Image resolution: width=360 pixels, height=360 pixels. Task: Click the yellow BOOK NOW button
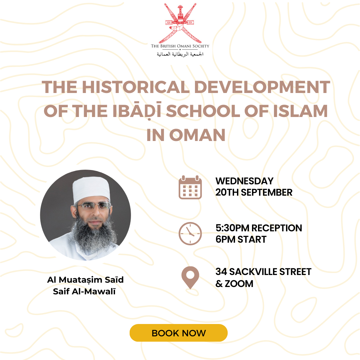(179, 333)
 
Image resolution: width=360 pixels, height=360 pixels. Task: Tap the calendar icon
(190, 187)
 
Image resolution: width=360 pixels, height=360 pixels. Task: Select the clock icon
(190, 233)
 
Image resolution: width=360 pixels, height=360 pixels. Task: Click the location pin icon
(190, 278)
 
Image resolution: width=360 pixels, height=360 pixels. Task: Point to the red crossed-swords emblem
(180, 23)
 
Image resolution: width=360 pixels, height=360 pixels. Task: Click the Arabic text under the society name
(180, 54)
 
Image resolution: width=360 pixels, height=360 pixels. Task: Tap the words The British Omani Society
(180, 46)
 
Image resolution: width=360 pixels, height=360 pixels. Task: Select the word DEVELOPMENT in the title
(262, 87)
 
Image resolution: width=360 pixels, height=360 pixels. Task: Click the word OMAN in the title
(197, 135)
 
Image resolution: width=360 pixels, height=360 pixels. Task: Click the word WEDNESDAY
(245, 181)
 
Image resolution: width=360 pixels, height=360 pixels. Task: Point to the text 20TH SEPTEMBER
(254, 192)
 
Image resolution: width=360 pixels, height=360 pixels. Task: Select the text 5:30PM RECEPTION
(259, 228)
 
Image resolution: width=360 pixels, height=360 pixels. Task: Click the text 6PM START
(241, 239)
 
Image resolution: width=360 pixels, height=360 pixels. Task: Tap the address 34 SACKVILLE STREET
(263, 272)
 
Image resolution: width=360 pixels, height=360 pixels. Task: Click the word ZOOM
(239, 284)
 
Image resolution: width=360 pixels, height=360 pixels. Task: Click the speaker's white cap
(91, 189)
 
